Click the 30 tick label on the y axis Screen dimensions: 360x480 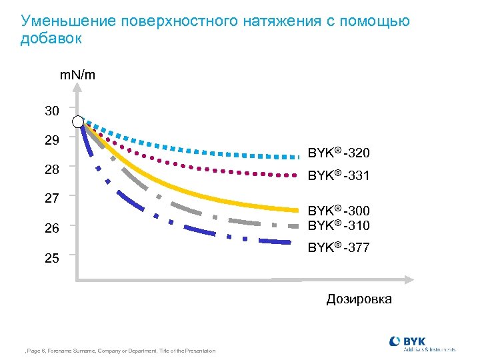(52, 111)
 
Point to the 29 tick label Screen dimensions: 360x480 (52, 141)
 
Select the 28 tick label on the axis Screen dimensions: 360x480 (52, 170)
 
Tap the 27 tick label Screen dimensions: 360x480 (52, 198)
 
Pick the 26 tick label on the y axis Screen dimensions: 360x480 (52, 228)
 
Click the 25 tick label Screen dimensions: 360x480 (52, 257)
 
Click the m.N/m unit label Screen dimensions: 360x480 (77, 75)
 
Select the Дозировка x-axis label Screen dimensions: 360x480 (359, 299)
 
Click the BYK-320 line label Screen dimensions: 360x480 (339, 153)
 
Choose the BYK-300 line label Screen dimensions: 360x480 (339, 211)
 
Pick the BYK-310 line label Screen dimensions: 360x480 (339, 225)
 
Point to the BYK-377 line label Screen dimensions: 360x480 (339, 248)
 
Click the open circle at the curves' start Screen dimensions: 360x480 (79, 121)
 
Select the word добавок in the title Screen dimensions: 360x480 (51, 39)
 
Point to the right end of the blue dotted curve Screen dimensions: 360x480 (297, 157)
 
